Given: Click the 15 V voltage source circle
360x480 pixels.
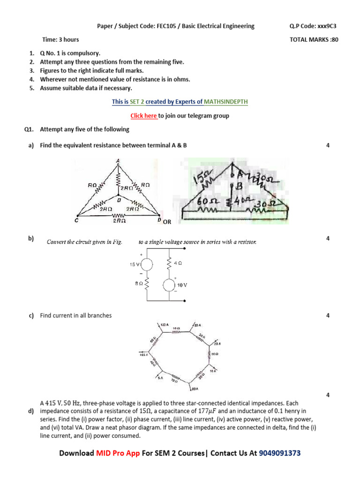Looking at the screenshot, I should pyautogui.click(x=147, y=264).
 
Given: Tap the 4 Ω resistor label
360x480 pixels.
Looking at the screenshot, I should pyautogui.click(x=178, y=263).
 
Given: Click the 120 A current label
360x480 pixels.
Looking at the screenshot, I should pyautogui.click(x=164, y=324).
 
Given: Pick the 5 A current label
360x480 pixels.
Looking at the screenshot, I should pyautogui.click(x=160, y=377).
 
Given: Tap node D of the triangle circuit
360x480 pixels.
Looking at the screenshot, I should pyautogui.click(x=159, y=220).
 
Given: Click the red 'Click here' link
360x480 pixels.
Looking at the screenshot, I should pyautogui.click(x=143, y=116).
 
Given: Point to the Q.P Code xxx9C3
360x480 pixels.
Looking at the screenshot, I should pyautogui.click(x=314, y=26).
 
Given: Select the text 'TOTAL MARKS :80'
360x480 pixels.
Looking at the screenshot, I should pyautogui.click(x=314, y=40).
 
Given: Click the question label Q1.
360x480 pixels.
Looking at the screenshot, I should pyautogui.click(x=30, y=129).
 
